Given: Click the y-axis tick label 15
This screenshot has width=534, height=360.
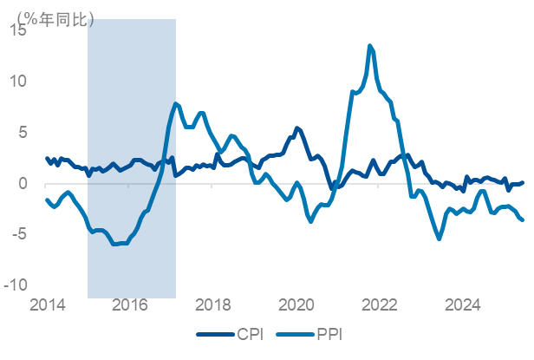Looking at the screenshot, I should coord(19,29).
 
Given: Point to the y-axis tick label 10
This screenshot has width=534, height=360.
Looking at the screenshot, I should coord(19,81).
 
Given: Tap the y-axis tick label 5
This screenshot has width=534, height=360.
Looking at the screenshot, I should coord(23,132).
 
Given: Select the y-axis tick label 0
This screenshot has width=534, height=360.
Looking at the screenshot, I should coord(23,183).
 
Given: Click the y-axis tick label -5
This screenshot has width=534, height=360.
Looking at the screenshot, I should coord(21,234).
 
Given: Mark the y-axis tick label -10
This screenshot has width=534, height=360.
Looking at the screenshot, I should coord(17,285).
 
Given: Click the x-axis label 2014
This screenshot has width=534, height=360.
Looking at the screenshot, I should coord(48,305).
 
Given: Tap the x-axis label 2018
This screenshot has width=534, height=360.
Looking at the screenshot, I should coord(213,305).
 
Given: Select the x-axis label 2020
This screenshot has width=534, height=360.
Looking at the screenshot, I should coord(296,305).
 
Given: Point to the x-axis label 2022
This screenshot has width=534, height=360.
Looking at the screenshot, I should coord(380,305).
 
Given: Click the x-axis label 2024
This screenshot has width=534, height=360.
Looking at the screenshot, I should coord(463,305).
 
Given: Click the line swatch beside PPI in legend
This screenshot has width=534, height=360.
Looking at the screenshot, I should coord(296,334).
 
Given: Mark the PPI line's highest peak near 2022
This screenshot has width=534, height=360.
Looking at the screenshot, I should coord(370,46).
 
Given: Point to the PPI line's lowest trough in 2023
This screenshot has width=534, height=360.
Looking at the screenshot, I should coord(439,239).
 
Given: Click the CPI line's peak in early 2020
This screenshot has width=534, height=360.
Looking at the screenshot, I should coord(296,128).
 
